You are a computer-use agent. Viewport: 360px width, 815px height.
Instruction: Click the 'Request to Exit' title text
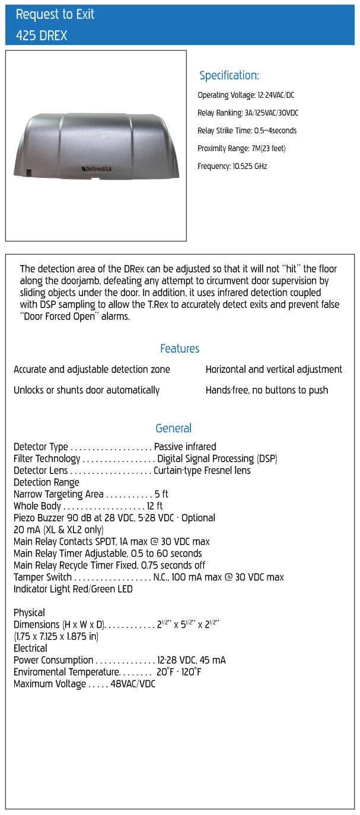pos(55,14)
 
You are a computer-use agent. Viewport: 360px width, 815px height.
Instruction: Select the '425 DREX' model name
pos(42,36)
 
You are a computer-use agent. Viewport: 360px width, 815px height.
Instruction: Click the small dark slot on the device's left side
pos(29,173)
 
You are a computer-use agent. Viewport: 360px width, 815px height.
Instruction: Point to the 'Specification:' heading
pos(229,76)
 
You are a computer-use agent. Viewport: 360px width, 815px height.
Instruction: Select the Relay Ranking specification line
pos(248,113)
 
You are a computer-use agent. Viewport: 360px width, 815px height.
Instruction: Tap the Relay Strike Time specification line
pos(247,130)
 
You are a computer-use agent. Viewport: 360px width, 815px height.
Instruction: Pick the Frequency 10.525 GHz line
pos(232,166)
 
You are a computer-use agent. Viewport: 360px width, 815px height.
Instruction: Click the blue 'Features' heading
pos(180,349)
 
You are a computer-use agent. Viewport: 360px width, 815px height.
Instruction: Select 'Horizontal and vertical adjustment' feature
pos(274,369)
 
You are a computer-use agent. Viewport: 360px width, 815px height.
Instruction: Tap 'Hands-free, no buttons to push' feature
pos(267,390)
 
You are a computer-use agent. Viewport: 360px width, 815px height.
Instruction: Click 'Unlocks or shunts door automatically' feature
pos(87,390)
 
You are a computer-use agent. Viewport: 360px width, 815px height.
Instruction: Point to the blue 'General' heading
pos(173,428)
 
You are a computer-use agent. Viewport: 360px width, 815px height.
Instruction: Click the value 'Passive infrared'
pos(185,446)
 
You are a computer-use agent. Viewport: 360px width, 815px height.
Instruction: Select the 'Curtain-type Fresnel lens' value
pos(202,470)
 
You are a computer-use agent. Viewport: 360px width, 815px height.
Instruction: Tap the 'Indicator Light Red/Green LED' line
pos(73,589)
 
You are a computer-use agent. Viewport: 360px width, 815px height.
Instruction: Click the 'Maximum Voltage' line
pos(84,683)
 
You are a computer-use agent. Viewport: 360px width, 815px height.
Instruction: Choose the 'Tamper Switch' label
pos(43,577)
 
